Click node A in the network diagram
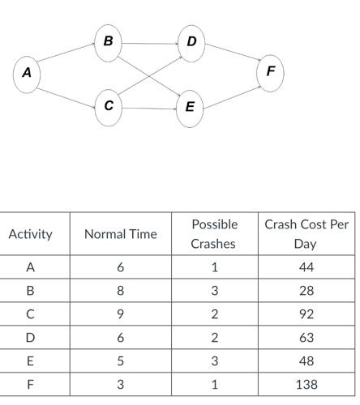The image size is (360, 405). pyautogui.click(x=27, y=73)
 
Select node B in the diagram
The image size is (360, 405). pyautogui.click(x=108, y=41)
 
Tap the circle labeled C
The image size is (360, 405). pyautogui.click(x=109, y=106)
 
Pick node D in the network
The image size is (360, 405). pyautogui.click(x=191, y=41)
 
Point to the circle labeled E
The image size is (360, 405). pyautogui.click(x=190, y=107)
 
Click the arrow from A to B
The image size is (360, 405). pyautogui.click(x=67, y=57)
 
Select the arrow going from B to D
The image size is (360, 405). pyautogui.click(x=149, y=41)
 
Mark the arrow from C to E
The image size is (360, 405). pyautogui.click(x=149, y=108)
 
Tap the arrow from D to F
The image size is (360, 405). pyautogui.click(x=231, y=57)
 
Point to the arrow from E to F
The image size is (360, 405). pyautogui.click(x=231, y=91)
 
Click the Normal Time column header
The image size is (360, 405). pyautogui.click(x=121, y=234)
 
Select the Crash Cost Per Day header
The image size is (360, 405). pyautogui.click(x=306, y=233)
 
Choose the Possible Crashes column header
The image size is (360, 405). pyautogui.click(x=214, y=233)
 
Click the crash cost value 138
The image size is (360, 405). pyautogui.click(x=306, y=385)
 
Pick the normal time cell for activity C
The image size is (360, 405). pyautogui.click(x=121, y=314)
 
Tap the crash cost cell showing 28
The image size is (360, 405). pyautogui.click(x=306, y=291)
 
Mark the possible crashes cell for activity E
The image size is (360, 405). pyautogui.click(x=214, y=361)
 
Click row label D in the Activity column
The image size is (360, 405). pyautogui.click(x=30, y=338)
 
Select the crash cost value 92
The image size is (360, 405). pyautogui.click(x=306, y=314)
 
